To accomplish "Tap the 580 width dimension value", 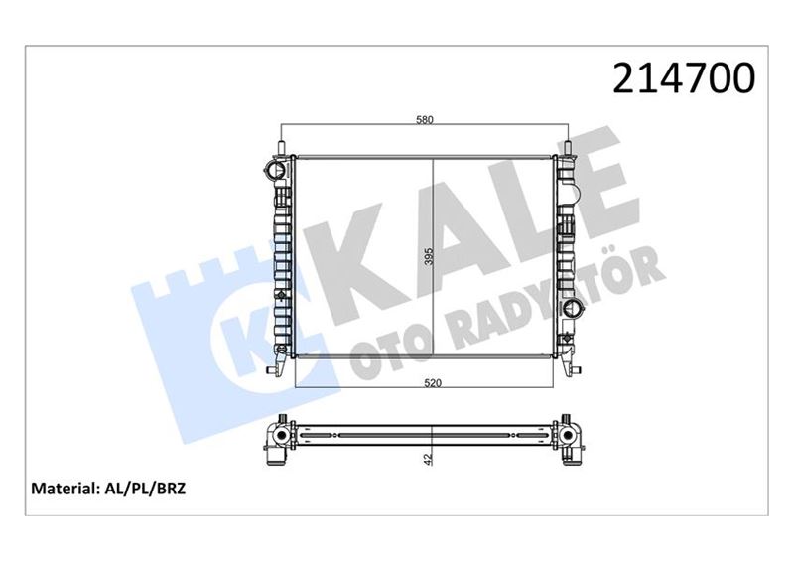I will click(425, 121).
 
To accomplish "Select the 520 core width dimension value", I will click(425, 381).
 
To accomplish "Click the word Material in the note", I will click(65, 489).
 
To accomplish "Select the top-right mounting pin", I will click(570, 147).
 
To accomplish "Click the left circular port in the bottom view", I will click(281, 436).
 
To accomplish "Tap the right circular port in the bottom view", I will click(568, 436).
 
